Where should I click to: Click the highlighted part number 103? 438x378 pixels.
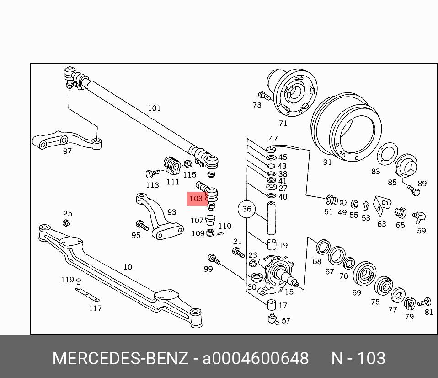(x=196, y=199)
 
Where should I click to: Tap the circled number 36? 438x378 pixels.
(x=246, y=209)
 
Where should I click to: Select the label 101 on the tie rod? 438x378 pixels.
(x=154, y=108)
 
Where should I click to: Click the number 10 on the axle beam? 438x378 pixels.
(x=128, y=267)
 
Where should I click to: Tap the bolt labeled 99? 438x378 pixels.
(x=214, y=259)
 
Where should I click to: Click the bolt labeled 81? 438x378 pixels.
(x=426, y=301)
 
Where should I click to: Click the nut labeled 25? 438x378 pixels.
(x=66, y=223)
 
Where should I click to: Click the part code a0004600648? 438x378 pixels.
(x=256, y=358)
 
